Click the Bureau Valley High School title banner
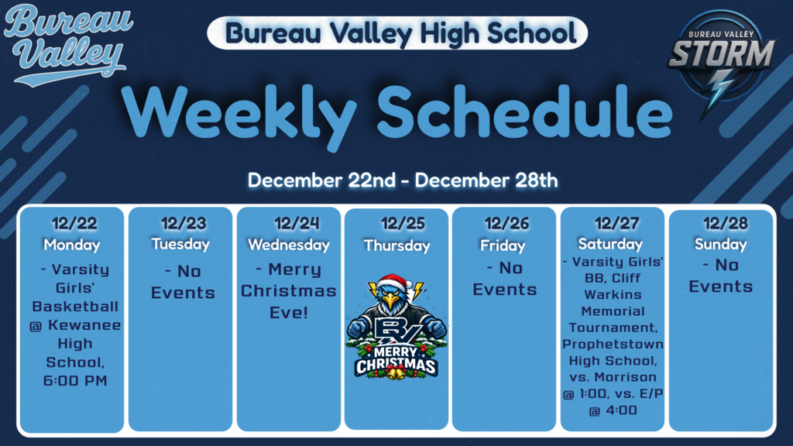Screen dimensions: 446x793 (x=397, y=33)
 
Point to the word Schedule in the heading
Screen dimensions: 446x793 (x=525, y=113)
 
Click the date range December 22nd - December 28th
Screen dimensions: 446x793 (x=402, y=180)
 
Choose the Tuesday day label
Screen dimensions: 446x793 (x=180, y=244)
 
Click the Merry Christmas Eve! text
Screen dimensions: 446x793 (x=288, y=291)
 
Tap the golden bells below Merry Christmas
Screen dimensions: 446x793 (x=396, y=374)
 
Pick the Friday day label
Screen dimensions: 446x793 (x=503, y=245)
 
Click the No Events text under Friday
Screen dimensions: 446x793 (x=505, y=279)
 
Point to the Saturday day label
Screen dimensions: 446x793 (x=611, y=244)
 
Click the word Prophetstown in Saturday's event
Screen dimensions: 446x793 (x=613, y=344)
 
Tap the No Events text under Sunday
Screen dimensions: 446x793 (x=721, y=276)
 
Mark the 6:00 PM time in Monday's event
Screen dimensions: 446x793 (x=75, y=381)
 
